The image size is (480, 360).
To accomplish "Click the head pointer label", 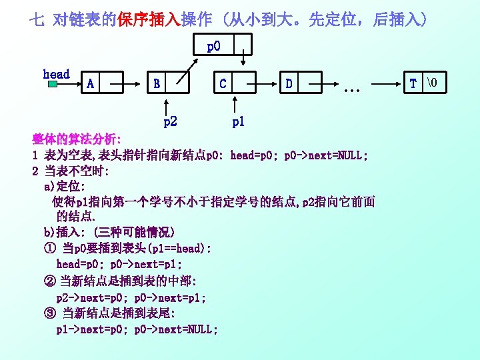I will pos(56,74).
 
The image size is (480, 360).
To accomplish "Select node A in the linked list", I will pos(90,83).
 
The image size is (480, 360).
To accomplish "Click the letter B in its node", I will pos(157,83).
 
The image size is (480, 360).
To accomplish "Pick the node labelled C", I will pos(223,83).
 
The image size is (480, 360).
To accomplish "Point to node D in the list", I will pos(289,83).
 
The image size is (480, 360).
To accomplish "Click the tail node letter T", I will pos(413,83).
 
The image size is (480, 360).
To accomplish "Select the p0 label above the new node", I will pos(213,47).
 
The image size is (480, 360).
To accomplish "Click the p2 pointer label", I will pos(170,122).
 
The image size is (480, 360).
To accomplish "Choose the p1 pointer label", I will pos(238,122).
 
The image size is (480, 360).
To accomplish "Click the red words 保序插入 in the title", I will pos(154,19).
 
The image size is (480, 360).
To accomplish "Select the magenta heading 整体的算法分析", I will pos(77,140).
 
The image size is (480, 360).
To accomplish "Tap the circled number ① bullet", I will pos(49,248).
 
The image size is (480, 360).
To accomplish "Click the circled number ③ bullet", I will pos(49,313).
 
